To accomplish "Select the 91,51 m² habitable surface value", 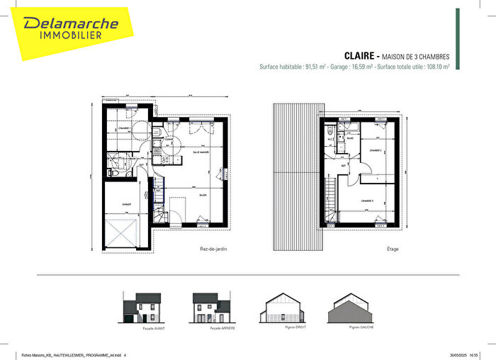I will (314, 67).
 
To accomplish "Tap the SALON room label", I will (201, 194).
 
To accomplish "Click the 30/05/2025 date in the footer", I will (460, 355).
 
